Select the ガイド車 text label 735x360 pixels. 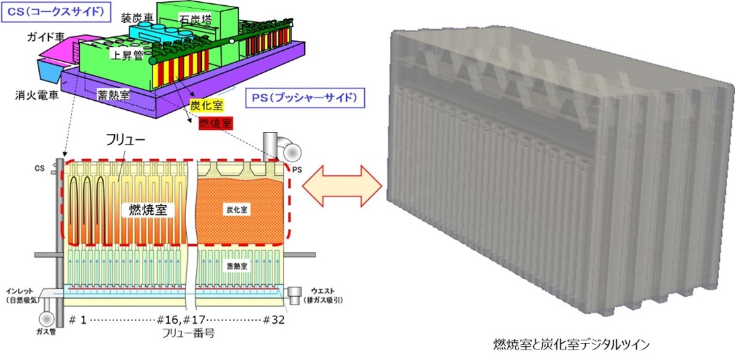click(46, 38)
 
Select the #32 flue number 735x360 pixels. click(272, 320)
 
